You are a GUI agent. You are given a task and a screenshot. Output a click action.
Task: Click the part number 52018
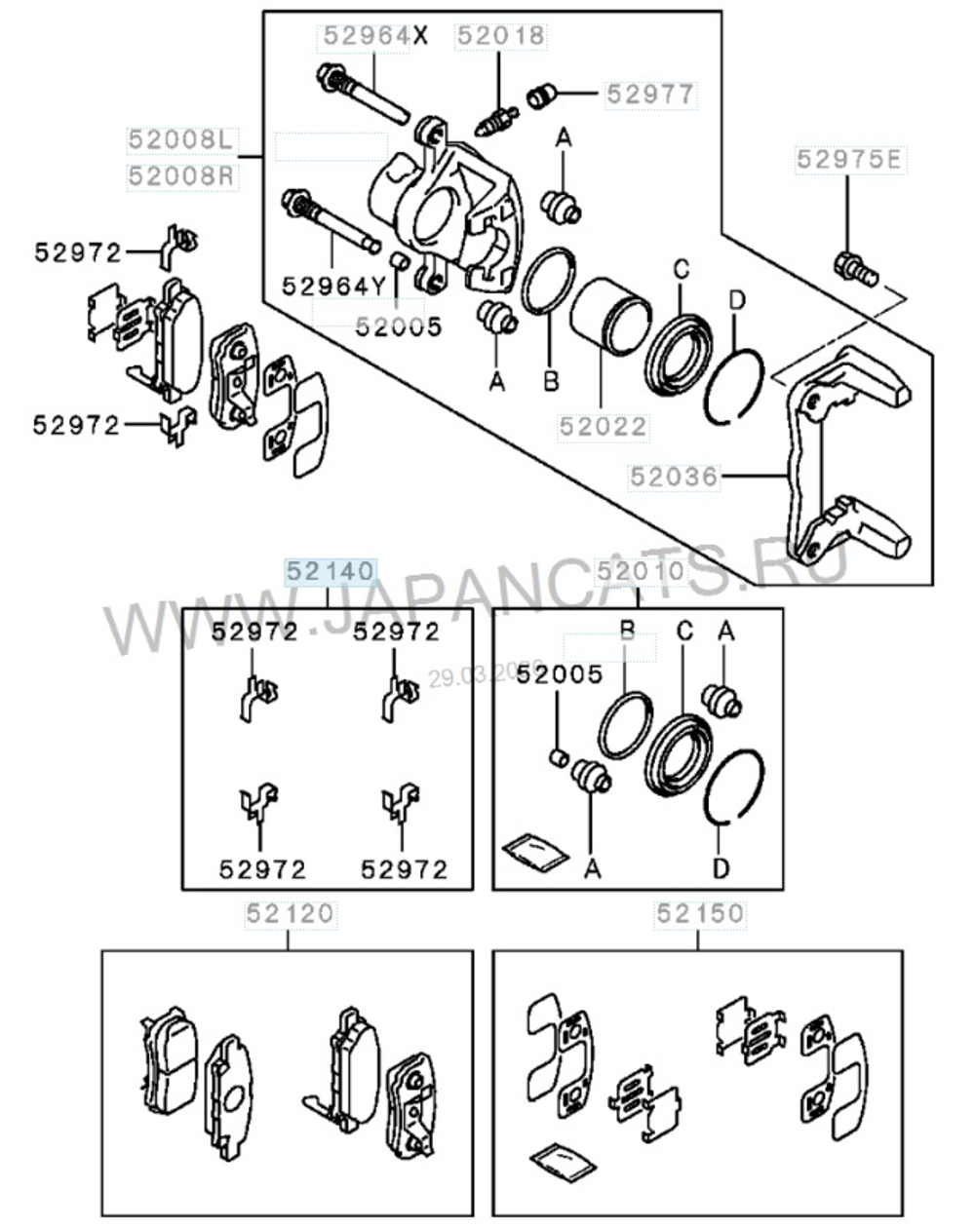501,36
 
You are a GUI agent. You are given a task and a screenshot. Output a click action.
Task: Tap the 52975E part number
848,159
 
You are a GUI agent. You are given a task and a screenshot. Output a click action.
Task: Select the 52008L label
181,139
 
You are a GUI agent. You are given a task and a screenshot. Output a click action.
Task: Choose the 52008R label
181,176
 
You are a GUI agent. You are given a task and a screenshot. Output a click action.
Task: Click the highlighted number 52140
329,571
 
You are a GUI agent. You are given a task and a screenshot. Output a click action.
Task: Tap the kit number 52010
639,571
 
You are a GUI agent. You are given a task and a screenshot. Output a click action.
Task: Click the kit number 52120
289,913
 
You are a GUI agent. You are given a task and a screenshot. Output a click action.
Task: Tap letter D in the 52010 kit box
721,866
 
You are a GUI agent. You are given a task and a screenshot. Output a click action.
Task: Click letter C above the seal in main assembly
681,268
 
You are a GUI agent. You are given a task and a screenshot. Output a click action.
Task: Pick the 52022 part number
602,426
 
